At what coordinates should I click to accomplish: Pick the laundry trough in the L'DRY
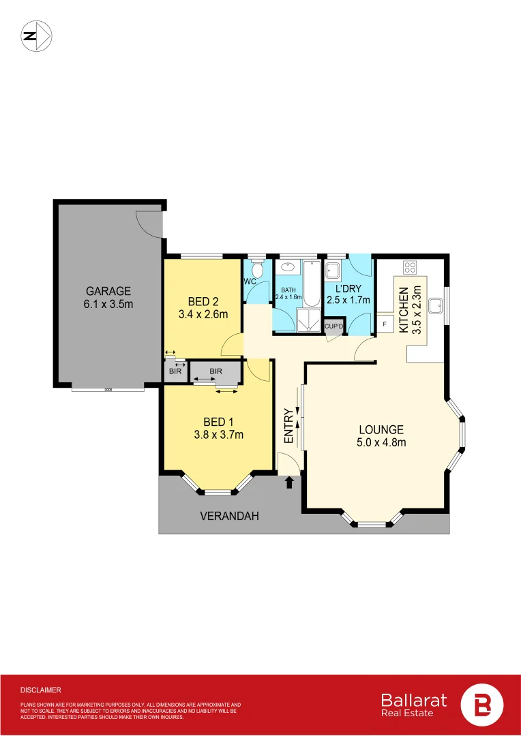(x=333, y=271)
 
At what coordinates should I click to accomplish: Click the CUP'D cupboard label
(x=333, y=326)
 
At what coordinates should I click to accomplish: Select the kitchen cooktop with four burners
(x=410, y=267)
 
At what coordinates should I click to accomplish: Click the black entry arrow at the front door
(x=289, y=482)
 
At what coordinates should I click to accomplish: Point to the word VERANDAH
(x=229, y=516)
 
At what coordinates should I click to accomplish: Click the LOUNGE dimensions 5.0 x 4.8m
(x=382, y=443)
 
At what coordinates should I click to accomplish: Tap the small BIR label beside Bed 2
(x=174, y=371)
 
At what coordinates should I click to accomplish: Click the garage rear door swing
(x=149, y=224)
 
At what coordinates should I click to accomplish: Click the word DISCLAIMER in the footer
(x=40, y=690)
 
